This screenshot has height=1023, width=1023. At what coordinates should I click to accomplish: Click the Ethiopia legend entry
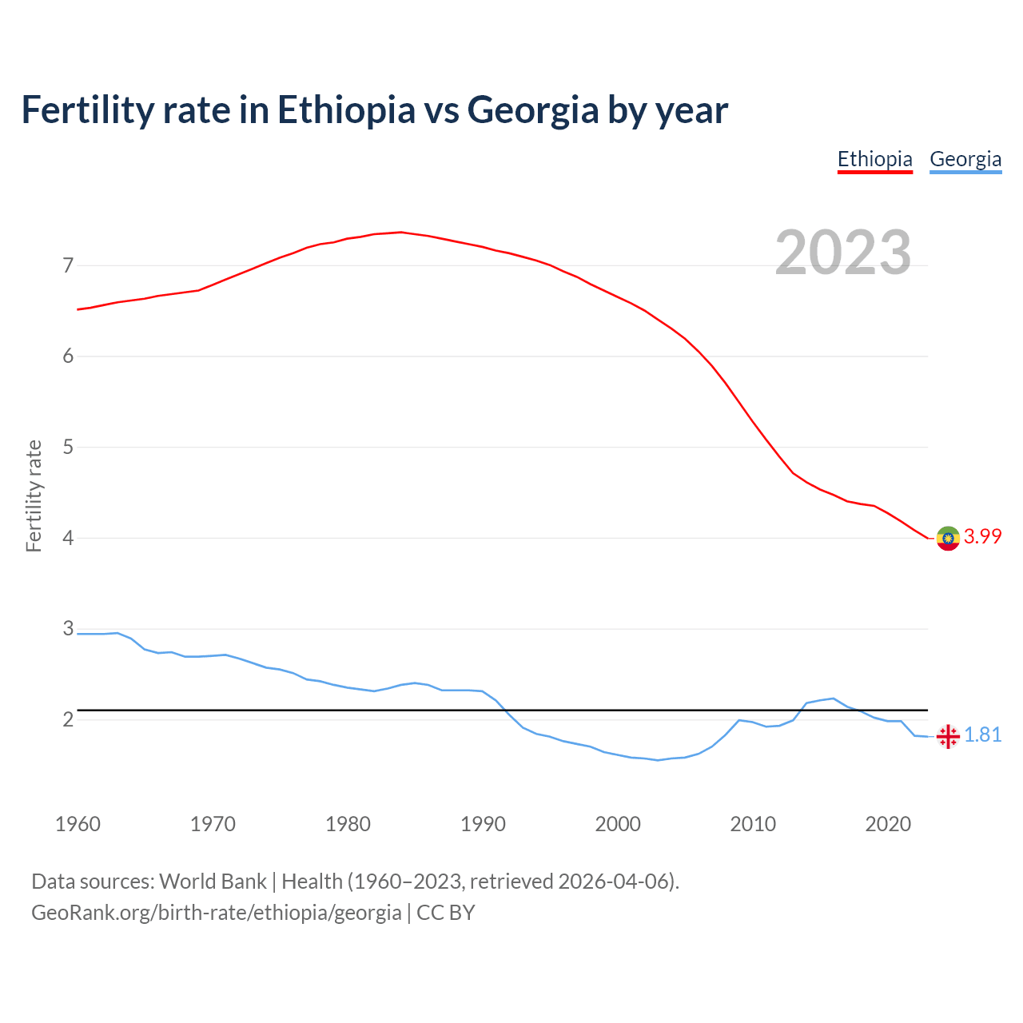[874, 159]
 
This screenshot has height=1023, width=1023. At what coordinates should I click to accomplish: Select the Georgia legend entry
[965, 159]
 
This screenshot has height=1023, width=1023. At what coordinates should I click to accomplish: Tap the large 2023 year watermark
[842, 253]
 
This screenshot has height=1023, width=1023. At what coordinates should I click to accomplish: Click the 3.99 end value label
[982, 537]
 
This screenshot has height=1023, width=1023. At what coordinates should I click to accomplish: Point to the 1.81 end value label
[982, 735]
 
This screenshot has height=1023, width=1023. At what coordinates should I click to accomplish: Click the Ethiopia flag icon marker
[948, 539]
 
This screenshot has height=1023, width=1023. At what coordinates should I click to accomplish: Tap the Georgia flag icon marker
[948, 736]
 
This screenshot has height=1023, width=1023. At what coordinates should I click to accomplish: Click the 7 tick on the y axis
[68, 265]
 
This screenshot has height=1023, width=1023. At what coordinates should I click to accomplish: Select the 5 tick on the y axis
[68, 448]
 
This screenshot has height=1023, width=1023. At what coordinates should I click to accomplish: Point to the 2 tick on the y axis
[68, 720]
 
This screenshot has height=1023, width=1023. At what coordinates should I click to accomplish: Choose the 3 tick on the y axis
[68, 629]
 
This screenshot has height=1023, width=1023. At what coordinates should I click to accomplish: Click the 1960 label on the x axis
[78, 824]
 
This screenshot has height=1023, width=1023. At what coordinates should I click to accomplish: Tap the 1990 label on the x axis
[483, 824]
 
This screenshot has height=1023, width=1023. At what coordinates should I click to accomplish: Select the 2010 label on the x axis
[753, 824]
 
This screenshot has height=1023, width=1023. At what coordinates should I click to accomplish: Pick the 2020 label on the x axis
[888, 824]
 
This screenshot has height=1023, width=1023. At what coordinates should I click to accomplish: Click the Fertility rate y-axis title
[34, 496]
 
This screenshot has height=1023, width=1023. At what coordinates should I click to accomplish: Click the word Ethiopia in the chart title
[346, 109]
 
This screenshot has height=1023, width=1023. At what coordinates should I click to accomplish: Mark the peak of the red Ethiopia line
[400, 232]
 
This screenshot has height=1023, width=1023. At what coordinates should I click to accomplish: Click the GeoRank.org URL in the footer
[216, 913]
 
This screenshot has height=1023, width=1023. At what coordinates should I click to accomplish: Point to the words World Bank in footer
[213, 882]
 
